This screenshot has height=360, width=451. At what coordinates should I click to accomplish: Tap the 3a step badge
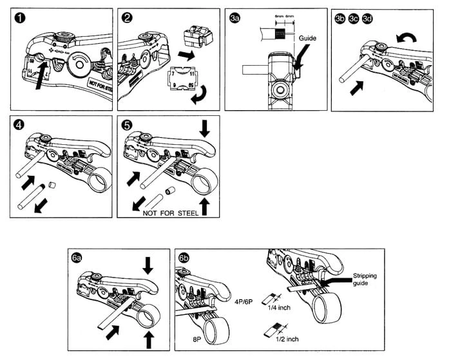click(x=235, y=20)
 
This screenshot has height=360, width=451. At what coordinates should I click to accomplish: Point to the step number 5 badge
click(x=128, y=125)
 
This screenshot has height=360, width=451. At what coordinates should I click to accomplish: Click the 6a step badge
click(x=77, y=258)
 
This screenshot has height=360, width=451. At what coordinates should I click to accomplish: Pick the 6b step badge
click(x=184, y=258)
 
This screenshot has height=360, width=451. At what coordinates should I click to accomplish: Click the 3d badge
click(x=367, y=20)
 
